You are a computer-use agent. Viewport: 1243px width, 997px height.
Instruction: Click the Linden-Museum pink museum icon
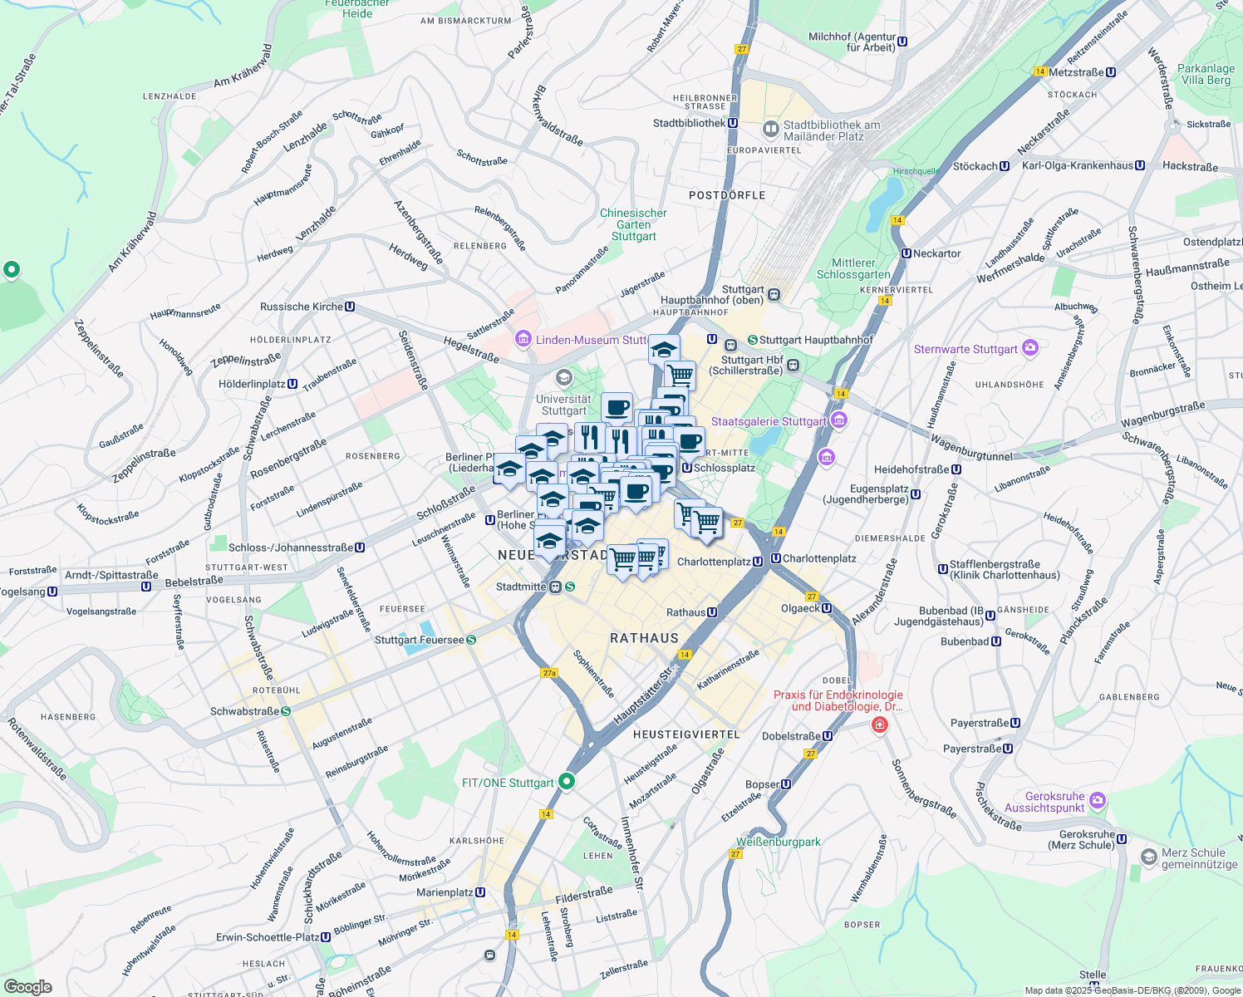click(x=523, y=339)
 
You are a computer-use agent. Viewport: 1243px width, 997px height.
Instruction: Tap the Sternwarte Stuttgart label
click(x=965, y=350)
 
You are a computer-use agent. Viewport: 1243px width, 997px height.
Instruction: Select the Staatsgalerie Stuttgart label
click(x=769, y=422)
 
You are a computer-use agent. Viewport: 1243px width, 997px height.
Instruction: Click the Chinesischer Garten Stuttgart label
click(x=634, y=225)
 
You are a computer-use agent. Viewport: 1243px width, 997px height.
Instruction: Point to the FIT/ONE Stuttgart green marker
click(x=567, y=781)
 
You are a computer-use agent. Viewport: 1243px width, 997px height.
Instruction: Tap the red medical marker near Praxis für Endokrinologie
click(x=879, y=725)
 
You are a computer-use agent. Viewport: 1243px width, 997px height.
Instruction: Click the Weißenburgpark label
click(x=779, y=842)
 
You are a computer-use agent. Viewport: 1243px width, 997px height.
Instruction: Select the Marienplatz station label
click(x=445, y=893)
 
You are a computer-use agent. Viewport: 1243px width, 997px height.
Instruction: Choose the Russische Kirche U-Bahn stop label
click(x=302, y=307)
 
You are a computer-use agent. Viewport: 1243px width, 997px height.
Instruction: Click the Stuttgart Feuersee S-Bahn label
click(x=420, y=641)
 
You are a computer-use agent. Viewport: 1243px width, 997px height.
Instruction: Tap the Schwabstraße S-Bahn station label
click(x=245, y=711)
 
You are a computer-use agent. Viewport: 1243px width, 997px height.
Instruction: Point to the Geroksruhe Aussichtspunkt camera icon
click(x=1098, y=800)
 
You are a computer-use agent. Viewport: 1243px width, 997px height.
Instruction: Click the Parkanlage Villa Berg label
click(x=1206, y=75)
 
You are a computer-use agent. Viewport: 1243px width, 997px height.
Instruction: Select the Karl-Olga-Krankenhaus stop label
click(x=1078, y=166)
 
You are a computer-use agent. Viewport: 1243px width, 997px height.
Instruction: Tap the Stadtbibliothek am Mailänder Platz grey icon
click(x=771, y=130)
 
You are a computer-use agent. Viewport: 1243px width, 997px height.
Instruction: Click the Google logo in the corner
click(x=27, y=987)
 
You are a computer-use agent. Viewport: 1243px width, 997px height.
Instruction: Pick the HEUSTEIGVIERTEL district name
click(x=686, y=735)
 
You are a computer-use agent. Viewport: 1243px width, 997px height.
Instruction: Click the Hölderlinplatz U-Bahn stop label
click(x=253, y=385)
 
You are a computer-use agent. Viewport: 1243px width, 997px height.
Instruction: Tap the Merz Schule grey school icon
click(x=1149, y=857)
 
